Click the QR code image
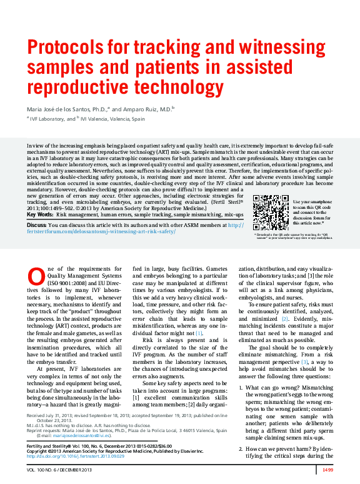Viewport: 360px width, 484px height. [x=271, y=213]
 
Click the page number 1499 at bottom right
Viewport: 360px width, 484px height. [x=327, y=469]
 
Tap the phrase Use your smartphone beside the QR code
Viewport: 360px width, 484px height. [x=308, y=202]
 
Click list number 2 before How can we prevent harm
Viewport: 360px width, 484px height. [x=243, y=431]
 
